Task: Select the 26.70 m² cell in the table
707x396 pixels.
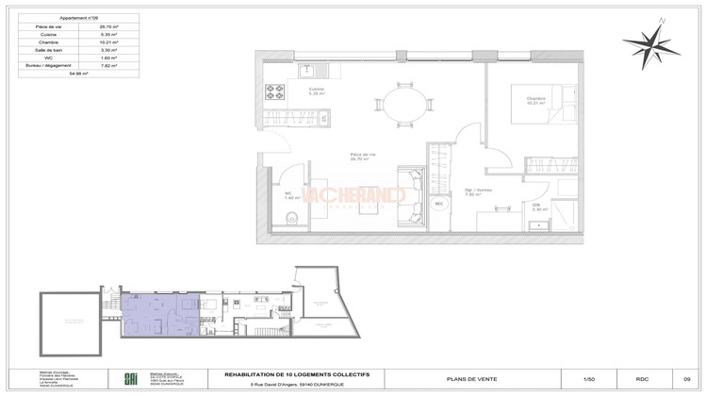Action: pyautogui.click(x=111, y=27)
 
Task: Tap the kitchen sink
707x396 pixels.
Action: pyautogui.click(x=307, y=70)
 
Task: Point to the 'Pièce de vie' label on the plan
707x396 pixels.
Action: pyautogui.click(x=363, y=157)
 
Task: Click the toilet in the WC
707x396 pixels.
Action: pyautogui.click(x=291, y=220)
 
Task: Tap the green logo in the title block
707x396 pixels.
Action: pyautogui.click(x=129, y=378)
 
